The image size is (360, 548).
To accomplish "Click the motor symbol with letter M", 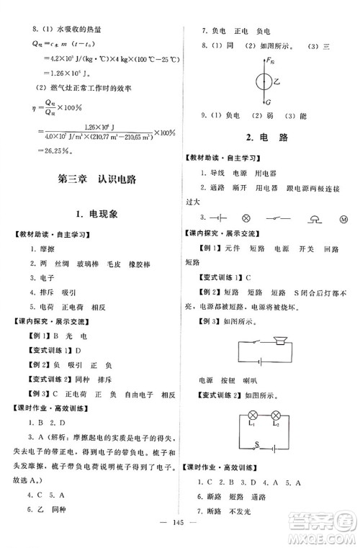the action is pos(343,217).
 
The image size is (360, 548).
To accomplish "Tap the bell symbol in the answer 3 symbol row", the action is pos(313,216).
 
